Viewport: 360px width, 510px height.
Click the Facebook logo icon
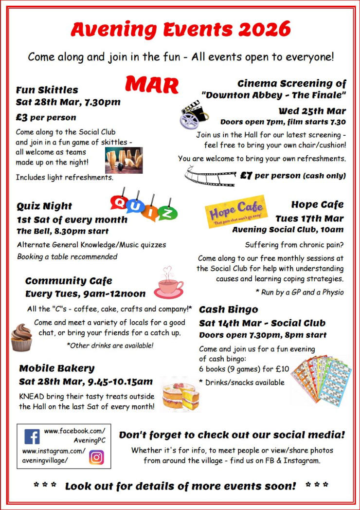point(32,437)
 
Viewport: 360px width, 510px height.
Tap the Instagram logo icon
point(96,458)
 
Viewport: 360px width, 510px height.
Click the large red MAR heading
point(152,85)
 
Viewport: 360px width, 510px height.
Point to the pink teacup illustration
point(169,284)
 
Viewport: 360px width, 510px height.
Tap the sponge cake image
point(180,394)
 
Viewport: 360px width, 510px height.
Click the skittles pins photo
point(124,161)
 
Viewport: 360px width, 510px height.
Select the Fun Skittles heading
point(47,90)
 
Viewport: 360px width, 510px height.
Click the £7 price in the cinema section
point(246,176)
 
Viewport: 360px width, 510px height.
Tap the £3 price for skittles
point(21,117)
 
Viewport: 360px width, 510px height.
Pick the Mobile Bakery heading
point(57,368)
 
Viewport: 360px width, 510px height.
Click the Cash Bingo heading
point(229,310)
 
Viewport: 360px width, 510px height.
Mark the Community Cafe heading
point(69,281)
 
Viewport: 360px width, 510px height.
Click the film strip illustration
point(210,176)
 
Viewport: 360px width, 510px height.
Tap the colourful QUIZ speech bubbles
point(144,207)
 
